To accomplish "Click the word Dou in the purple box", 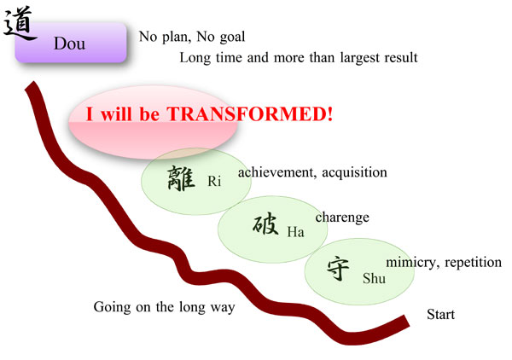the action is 70,44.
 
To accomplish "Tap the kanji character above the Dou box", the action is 19,23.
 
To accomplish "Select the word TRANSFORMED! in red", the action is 250,114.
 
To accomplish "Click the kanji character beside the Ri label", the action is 181,178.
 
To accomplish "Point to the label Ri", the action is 214,181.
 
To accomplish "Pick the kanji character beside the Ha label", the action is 265,224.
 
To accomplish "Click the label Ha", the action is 296,232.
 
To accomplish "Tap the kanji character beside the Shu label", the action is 338,269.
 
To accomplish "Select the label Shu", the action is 374,278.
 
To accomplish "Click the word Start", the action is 440,314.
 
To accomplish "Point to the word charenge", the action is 342,218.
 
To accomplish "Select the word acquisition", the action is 355,173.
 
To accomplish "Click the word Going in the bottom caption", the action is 112,307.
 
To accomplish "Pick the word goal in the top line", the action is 232,38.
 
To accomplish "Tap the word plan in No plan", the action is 176,38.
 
